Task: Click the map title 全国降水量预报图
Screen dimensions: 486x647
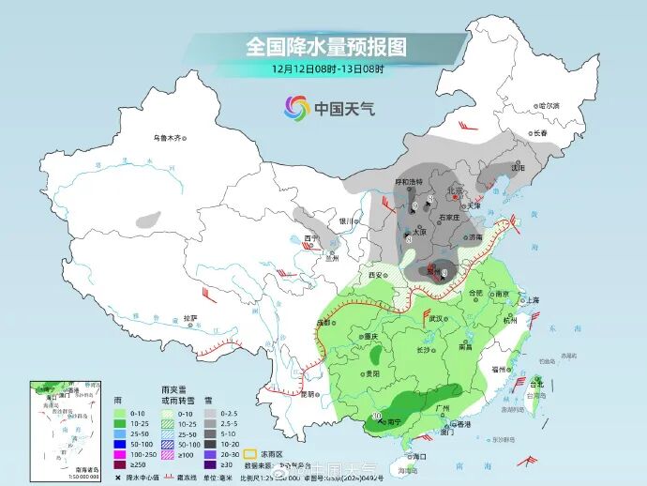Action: tap(326, 46)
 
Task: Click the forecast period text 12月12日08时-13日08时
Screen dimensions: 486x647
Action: tap(327, 68)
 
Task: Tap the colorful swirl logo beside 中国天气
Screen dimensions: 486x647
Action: tap(296, 108)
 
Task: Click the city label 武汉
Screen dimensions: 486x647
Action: tap(436, 318)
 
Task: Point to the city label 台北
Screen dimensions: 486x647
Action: tap(537, 384)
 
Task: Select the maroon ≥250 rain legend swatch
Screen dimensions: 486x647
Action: tap(118, 463)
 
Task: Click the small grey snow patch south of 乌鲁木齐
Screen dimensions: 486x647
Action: tap(147, 222)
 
